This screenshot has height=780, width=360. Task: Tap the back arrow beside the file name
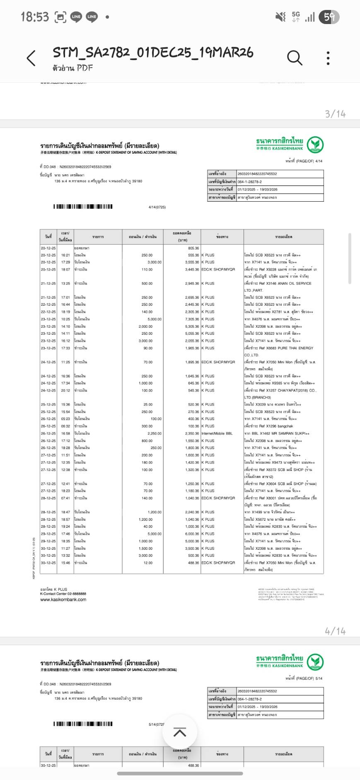pos(31,58)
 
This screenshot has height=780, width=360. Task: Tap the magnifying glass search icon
pos(295,58)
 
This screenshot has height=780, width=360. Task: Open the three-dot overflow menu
pos(328,58)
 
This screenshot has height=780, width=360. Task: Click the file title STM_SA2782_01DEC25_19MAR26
pos(153,53)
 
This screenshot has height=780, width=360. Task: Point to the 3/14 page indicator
pos(335,113)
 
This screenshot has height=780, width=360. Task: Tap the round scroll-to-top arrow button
pos(179,732)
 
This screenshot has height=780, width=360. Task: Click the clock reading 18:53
pos(35,17)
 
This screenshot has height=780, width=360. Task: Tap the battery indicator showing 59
pos(330,17)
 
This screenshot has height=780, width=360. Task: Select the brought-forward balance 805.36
pos(193,248)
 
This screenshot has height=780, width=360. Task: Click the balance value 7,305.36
pos(192,319)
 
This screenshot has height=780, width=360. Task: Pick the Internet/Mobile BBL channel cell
pos(217,433)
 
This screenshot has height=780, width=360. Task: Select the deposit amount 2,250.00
pos(154,433)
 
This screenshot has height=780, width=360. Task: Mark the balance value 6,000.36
pos(192,534)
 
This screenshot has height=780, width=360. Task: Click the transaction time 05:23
pos(65,419)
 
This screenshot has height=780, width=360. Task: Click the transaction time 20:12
pos(65,390)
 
